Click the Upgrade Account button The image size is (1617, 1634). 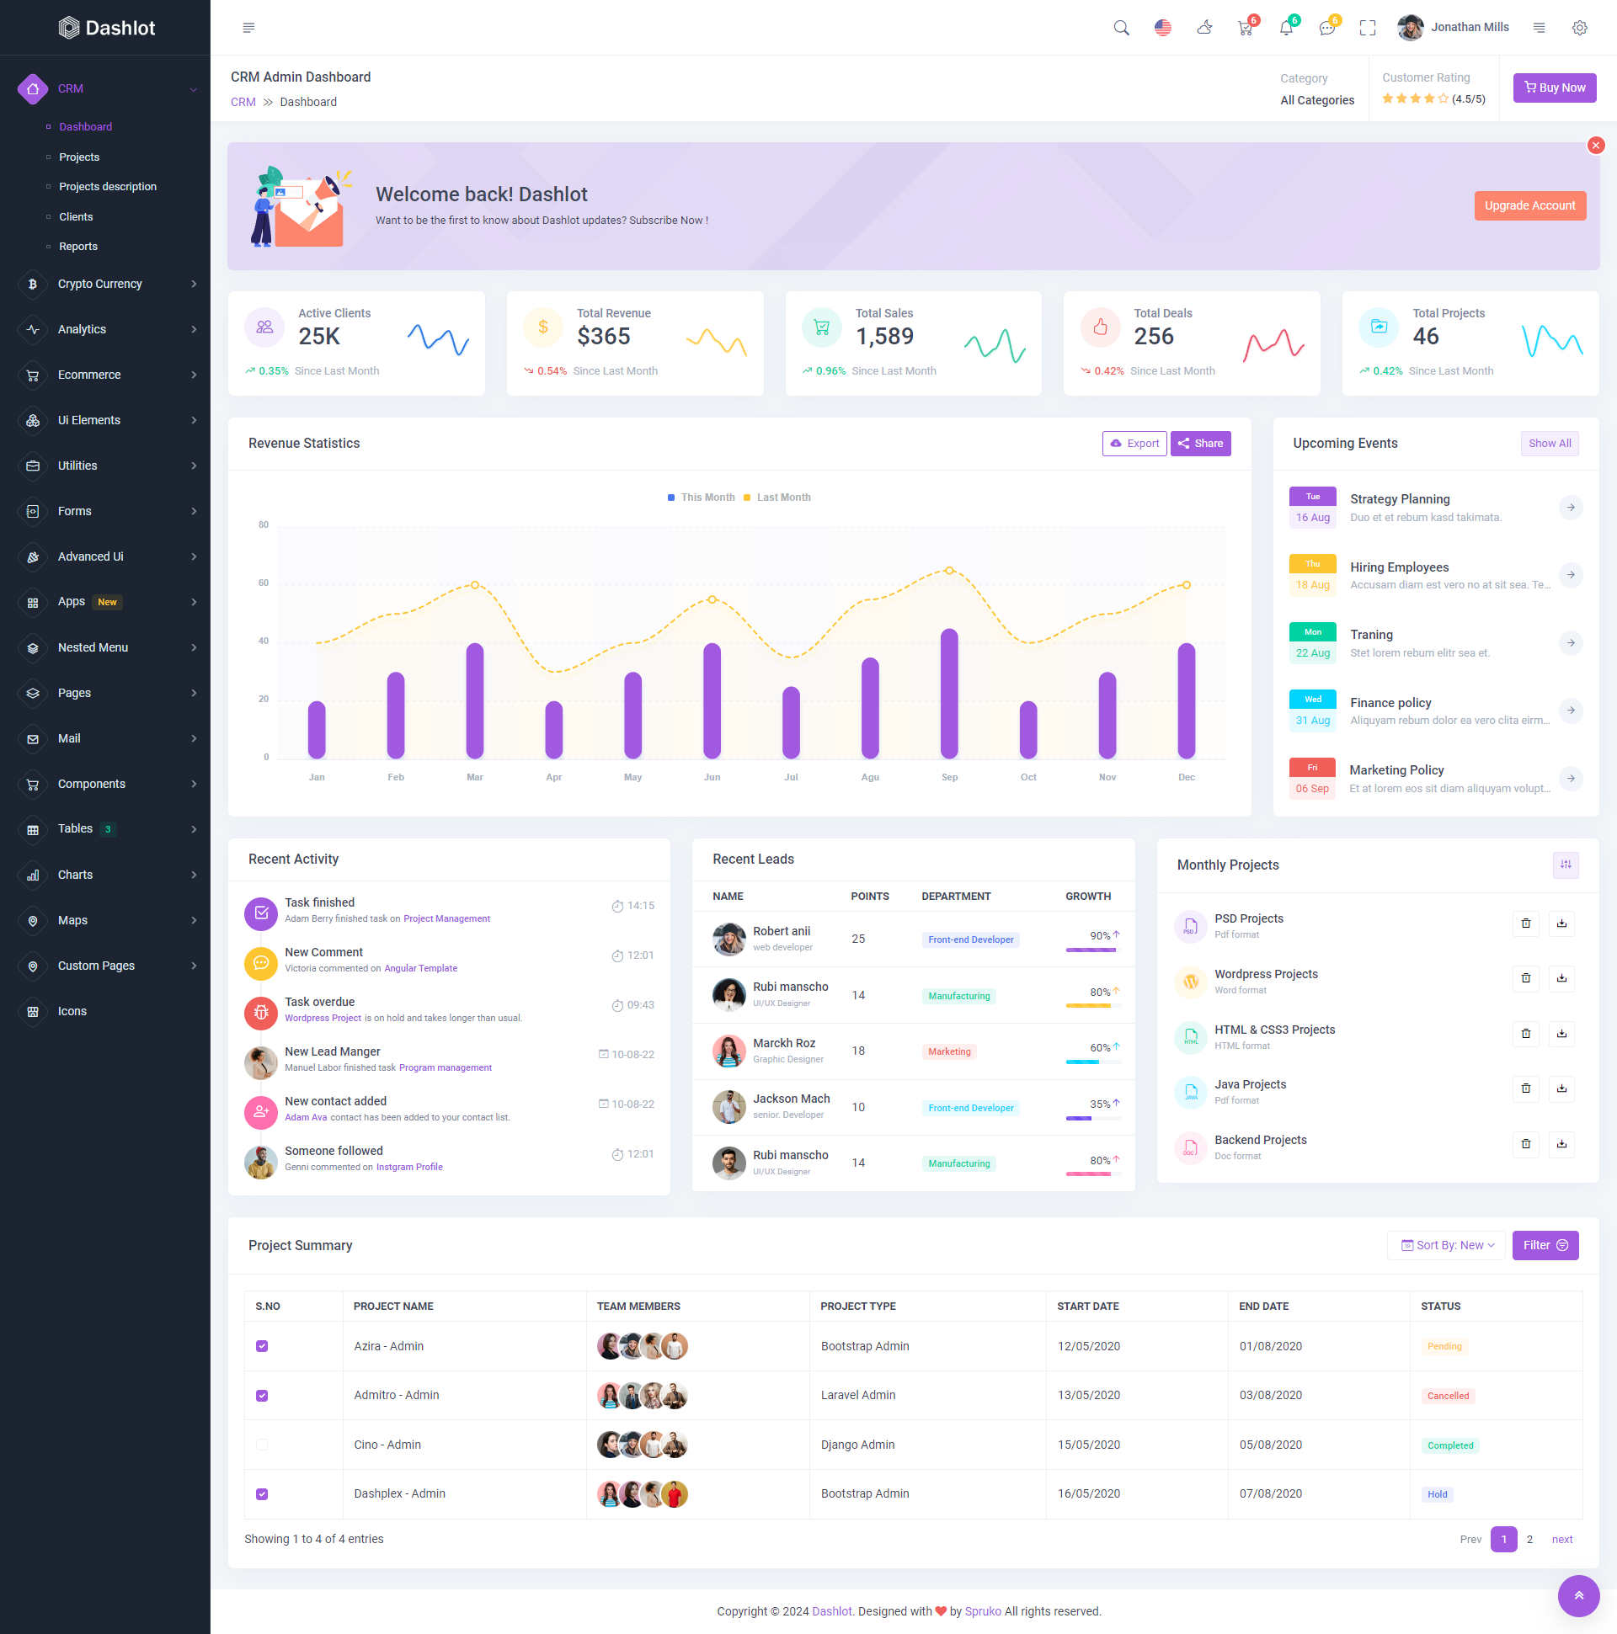coord(1529,205)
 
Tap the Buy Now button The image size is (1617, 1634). coord(1554,88)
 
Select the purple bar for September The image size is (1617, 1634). coord(948,693)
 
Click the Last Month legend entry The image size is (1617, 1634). coord(782,498)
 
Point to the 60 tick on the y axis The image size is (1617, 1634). coord(264,583)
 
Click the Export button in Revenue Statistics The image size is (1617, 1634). coord(1134,443)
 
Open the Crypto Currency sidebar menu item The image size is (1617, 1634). coord(100,285)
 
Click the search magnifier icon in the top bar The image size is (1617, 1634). coord(1121,28)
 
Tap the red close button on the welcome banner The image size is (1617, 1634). coord(1595,146)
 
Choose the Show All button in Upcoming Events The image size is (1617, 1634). coord(1549,443)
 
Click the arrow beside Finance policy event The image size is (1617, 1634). coord(1570,711)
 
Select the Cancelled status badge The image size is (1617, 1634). coord(1447,1396)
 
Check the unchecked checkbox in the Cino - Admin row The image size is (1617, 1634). coord(262,1445)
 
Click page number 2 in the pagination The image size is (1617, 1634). coord(1529,1539)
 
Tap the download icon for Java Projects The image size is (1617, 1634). coord(1561,1088)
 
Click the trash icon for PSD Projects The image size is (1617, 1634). coord(1524,923)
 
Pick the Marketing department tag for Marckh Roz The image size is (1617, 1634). coord(948,1051)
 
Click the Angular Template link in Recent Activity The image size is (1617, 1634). coord(420,968)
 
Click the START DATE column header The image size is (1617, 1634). coord(1087,1306)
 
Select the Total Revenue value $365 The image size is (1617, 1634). coord(603,337)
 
